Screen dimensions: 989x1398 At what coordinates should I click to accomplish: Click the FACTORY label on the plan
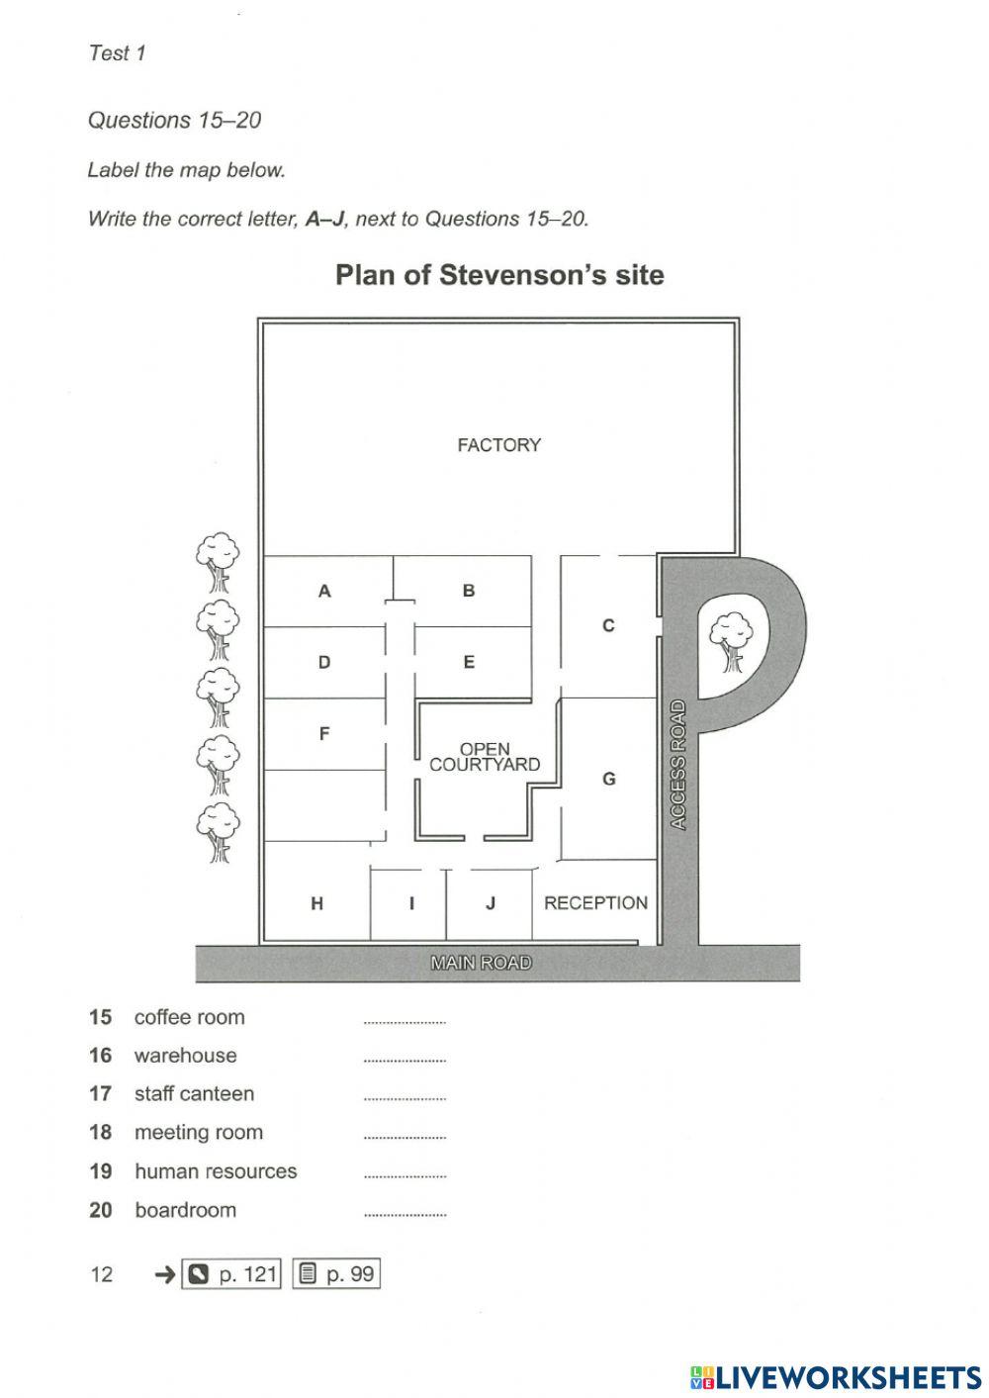(498, 445)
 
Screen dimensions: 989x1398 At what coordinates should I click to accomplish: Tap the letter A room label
(324, 591)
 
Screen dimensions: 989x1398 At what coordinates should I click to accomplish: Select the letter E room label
(469, 662)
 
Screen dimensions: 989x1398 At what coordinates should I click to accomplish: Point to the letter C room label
(608, 625)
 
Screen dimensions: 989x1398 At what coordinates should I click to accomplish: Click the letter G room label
(609, 779)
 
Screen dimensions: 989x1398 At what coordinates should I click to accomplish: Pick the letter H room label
(317, 903)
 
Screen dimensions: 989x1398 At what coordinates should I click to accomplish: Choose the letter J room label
(491, 903)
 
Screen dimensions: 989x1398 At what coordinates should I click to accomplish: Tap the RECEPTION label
(596, 903)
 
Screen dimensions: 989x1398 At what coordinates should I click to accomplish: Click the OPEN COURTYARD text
(485, 757)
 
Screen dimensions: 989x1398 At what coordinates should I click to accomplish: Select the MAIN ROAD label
(481, 963)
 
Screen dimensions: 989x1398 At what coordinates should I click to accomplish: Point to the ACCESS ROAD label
(678, 765)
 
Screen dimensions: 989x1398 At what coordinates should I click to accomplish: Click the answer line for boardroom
(405, 1216)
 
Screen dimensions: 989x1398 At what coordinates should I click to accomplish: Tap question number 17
(101, 1094)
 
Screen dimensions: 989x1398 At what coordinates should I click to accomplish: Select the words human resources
(216, 1171)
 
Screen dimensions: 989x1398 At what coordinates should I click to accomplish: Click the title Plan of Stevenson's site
(499, 275)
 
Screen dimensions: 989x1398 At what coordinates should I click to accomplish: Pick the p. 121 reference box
(230, 1273)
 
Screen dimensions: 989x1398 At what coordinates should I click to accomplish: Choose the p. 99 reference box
(336, 1273)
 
